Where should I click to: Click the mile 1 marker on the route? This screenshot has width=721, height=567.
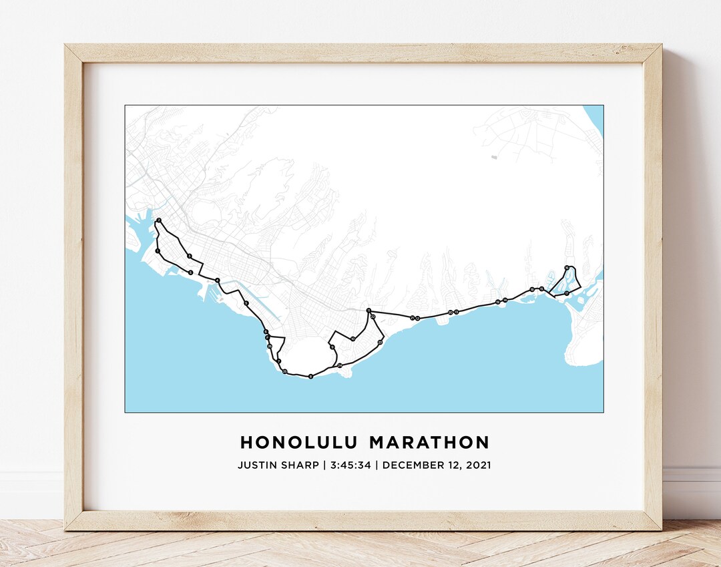[158, 251]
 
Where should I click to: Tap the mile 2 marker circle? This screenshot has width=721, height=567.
[159, 220]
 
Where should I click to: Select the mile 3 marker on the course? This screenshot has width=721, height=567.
[190, 256]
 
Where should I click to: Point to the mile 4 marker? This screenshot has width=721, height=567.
[218, 280]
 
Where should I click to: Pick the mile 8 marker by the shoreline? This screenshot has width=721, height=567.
[311, 377]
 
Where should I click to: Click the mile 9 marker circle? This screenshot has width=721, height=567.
[332, 347]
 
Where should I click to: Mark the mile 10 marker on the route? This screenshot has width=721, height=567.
[352, 339]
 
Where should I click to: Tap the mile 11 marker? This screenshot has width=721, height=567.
[369, 311]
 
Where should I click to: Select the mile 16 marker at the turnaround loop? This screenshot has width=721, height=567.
[566, 268]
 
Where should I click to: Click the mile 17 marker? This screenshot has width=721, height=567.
[566, 293]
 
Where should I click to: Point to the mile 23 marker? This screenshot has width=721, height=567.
[380, 342]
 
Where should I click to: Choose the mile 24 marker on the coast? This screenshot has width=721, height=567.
[340, 365]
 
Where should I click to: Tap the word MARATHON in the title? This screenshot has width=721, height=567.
[429, 443]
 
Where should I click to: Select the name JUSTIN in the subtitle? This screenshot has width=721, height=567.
[256, 465]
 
